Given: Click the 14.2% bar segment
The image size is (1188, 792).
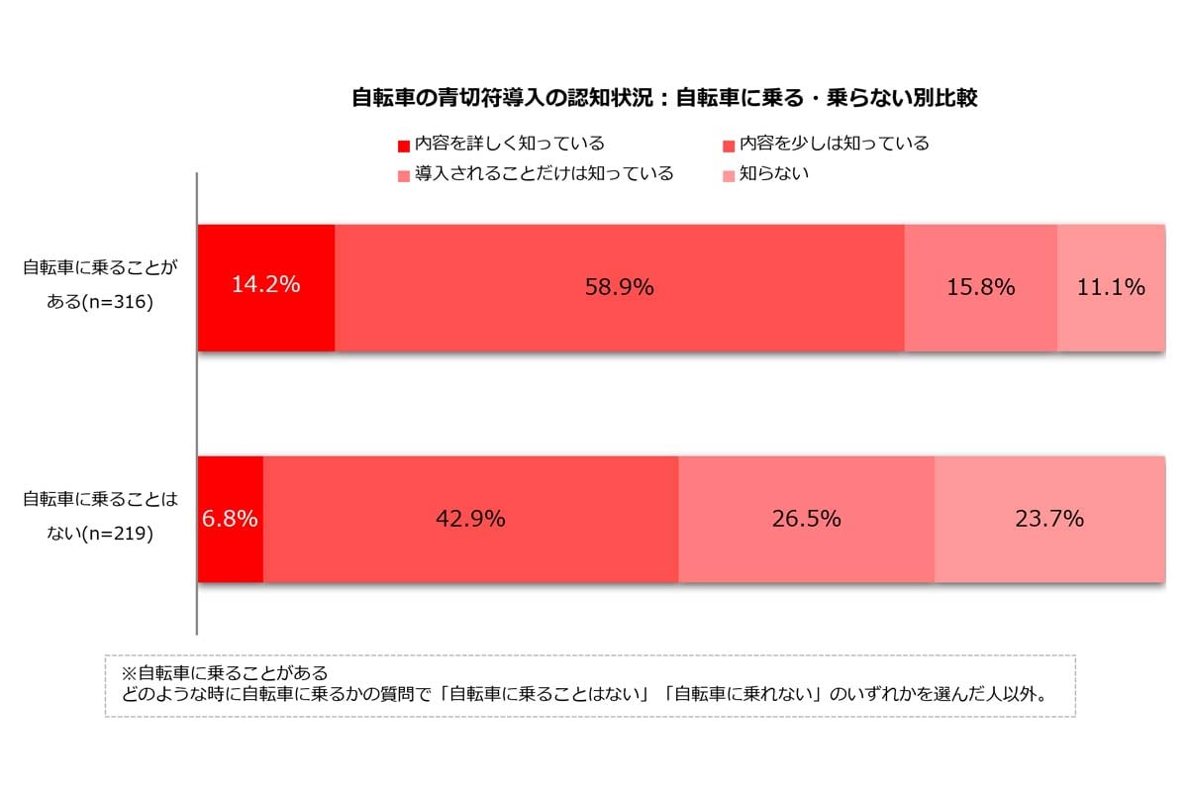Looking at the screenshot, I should coord(266,287).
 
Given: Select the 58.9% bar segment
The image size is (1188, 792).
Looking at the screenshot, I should coord(620,287).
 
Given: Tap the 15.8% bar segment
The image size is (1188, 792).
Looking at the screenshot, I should coord(981,287).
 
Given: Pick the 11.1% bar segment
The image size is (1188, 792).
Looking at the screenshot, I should coord(1111,287).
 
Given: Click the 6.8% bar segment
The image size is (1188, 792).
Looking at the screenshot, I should coord(231,519).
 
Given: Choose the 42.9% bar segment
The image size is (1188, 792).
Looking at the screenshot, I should coord(470,519).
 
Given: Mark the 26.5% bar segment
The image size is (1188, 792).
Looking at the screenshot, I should coord(806,519).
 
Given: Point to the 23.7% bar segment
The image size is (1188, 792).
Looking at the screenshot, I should coord(1049,519).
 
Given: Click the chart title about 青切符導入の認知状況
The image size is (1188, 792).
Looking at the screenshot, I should coord(665,98).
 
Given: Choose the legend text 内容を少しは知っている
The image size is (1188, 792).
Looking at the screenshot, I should coord(835,145).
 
